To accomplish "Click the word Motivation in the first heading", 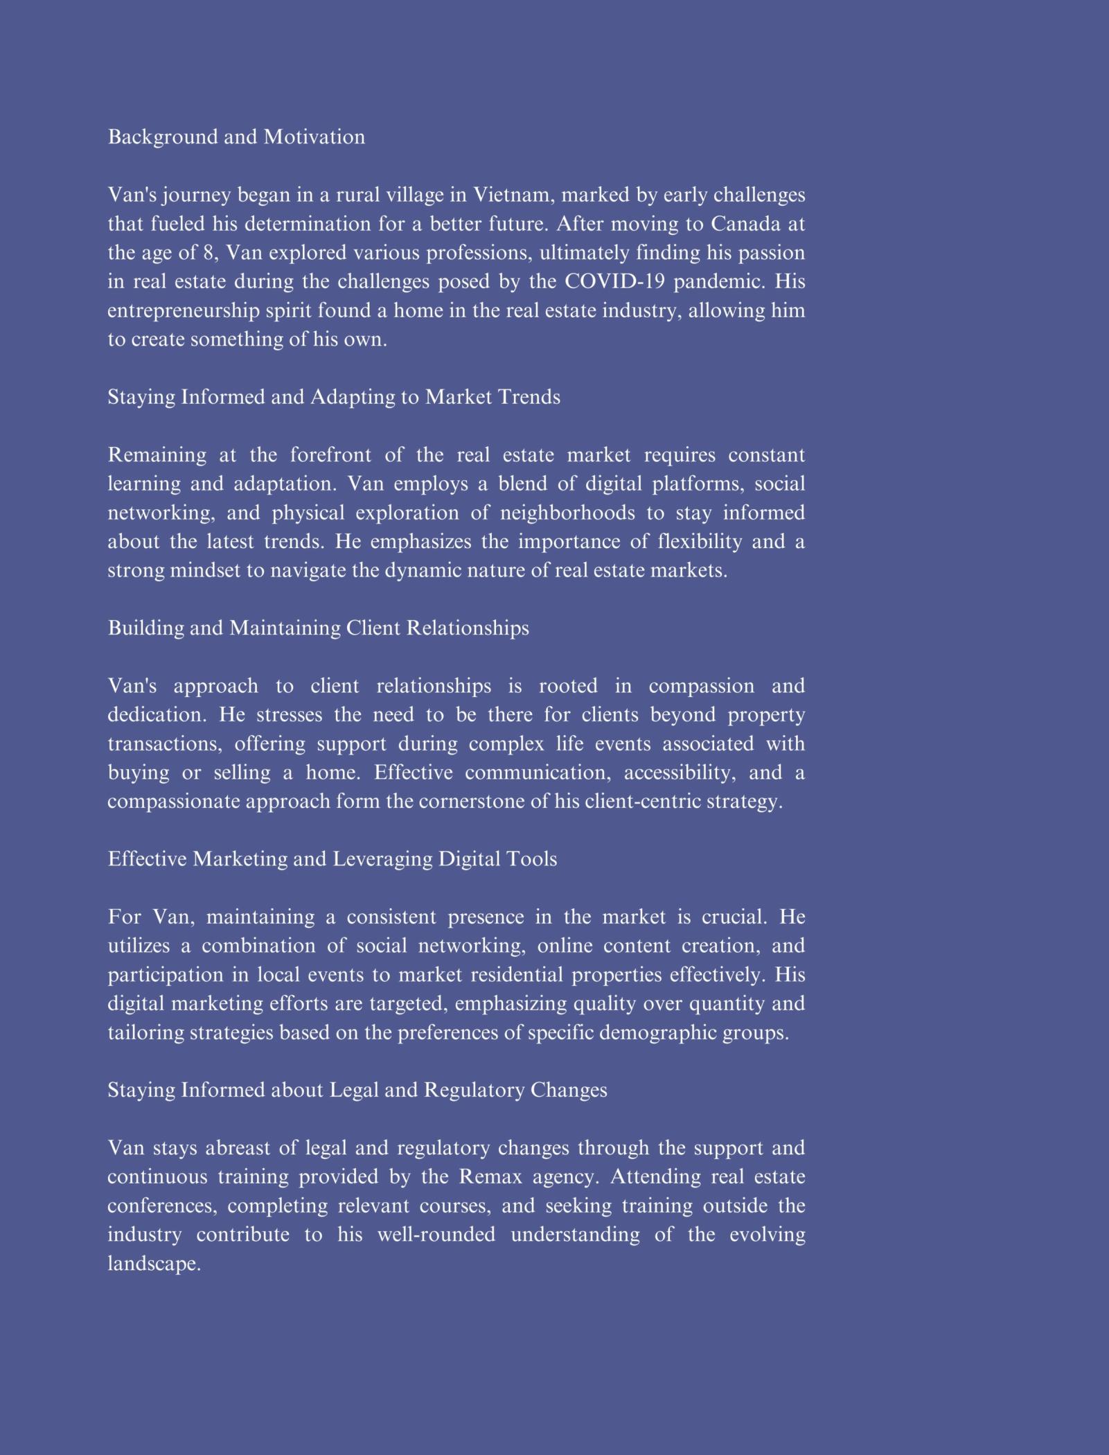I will pos(314,137).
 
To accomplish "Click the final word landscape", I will pos(154,1264).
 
